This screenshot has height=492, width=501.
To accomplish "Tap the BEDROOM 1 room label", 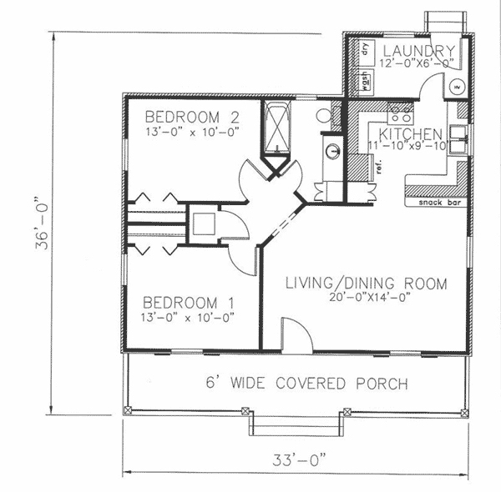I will coord(187,301).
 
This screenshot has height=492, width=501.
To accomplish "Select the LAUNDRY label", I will coord(418,50).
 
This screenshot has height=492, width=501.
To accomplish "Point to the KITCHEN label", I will coord(411,133).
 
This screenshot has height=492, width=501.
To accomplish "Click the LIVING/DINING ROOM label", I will coord(366,284).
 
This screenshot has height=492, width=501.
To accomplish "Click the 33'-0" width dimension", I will coord(298,459).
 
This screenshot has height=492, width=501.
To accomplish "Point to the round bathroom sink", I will coord(332,151).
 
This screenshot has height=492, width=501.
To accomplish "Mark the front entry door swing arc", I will coord(296,334).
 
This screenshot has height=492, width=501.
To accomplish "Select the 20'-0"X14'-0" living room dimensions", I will coord(366,297).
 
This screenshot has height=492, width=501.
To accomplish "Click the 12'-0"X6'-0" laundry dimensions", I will coord(417,63).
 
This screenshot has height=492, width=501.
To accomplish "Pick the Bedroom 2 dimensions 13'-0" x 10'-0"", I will coord(192,130).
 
